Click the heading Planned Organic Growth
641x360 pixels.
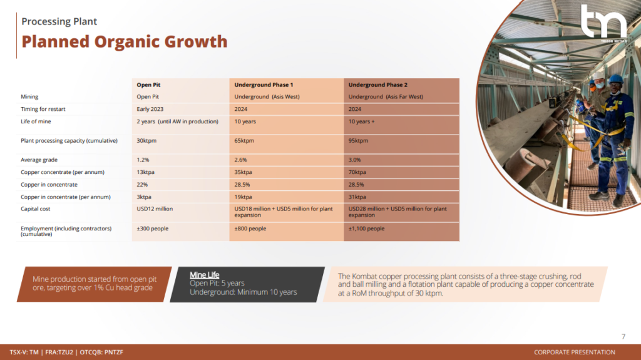click(125, 42)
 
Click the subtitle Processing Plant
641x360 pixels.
click(59, 21)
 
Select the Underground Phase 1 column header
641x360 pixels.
click(264, 85)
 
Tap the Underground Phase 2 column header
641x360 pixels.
click(377, 85)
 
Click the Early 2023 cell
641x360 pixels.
click(150, 109)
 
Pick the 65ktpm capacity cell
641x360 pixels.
click(244, 141)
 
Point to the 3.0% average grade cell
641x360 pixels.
click(354, 160)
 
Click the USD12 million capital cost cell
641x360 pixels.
click(155, 208)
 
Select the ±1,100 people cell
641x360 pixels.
click(366, 229)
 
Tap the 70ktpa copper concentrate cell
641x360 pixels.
click(357, 172)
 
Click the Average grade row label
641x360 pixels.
click(39, 160)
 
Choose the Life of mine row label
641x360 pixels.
click(36, 121)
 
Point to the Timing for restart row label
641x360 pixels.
click(43, 109)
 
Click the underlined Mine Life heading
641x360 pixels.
click(205, 275)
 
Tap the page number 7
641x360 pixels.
click(623, 337)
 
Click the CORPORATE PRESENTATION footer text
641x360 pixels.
click(575, 352)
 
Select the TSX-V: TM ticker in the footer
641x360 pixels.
click(24, 352)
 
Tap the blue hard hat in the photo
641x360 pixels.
click(616, 80)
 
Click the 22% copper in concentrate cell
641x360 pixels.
click(142, 185)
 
